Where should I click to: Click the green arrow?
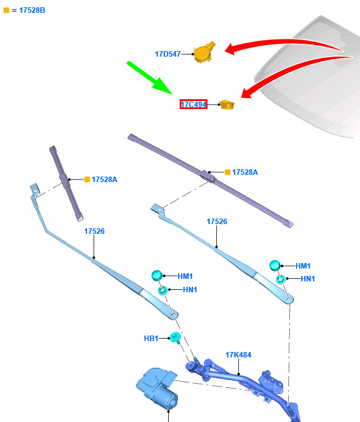(x=149, y=78)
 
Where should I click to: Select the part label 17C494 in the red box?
(x=193, y=104)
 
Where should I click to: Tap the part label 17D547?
(x=168, y=54)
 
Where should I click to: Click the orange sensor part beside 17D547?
(x=205, y=52)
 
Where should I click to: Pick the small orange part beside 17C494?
(x=227, y=105)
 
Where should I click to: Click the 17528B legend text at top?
(x=32, y=10)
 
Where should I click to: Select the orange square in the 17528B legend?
(x=7, y=10)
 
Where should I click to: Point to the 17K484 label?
(x=238, y=355)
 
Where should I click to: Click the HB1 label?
(x=151, y=339)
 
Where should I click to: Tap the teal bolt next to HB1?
(x=175, y=337)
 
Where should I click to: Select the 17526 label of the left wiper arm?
(x=94, y=231)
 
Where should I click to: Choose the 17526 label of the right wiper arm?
(x=217, y=222)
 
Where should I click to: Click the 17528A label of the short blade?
(x=104, y=180)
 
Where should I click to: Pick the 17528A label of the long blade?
(x=245, y=172)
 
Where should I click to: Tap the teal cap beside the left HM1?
(x=157, y=276)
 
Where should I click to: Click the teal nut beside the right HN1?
(x=281, y=280)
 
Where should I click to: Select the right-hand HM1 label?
(x=303, y=266)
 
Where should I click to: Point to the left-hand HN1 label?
(x=190, y=290)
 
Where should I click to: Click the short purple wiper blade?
(x=66, y=183)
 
